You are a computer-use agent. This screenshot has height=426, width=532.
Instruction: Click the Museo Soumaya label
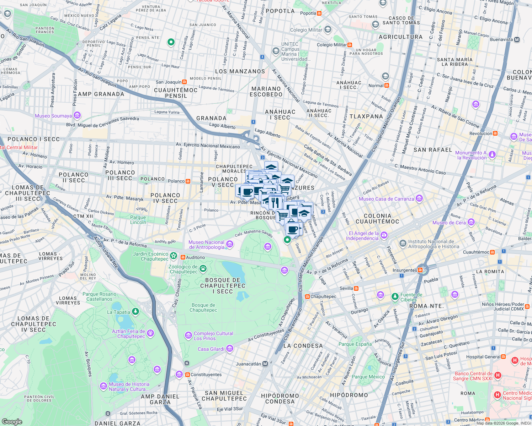point(53,116)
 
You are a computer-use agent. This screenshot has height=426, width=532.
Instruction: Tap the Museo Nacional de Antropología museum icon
point(230,244)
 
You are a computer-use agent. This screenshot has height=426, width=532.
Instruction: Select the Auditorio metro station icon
point(183,257)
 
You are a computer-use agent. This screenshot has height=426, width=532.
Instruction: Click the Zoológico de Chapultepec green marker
point(203,269)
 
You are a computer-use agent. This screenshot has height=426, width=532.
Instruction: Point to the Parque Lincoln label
point(138,220)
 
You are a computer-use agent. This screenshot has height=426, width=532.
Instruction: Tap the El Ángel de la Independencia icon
point(384,235)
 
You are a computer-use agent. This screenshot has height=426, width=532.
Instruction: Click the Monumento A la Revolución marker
point(492,154)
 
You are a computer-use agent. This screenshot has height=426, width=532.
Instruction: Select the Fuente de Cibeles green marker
point(395,296)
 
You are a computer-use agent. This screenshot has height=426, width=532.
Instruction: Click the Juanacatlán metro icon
point(265,364)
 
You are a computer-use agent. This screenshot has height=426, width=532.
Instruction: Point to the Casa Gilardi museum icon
point(229,349)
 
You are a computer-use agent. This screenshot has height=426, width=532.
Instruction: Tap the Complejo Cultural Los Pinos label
point(213,336)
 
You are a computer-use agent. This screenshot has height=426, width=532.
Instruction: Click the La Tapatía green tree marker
point(135,311)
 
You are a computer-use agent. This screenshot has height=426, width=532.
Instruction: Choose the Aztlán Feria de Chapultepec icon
point(150,333)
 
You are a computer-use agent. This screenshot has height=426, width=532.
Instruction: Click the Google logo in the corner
point(12,421)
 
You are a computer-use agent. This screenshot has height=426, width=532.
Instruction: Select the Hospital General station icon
point(503,357)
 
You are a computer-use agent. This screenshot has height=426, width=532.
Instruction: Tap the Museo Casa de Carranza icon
point(419,198)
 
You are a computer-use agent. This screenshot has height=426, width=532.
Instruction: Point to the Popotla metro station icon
point(319,13)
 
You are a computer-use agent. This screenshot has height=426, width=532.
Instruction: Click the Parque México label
point(368,377)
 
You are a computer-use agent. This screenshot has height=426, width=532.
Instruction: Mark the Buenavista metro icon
point(517,39)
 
